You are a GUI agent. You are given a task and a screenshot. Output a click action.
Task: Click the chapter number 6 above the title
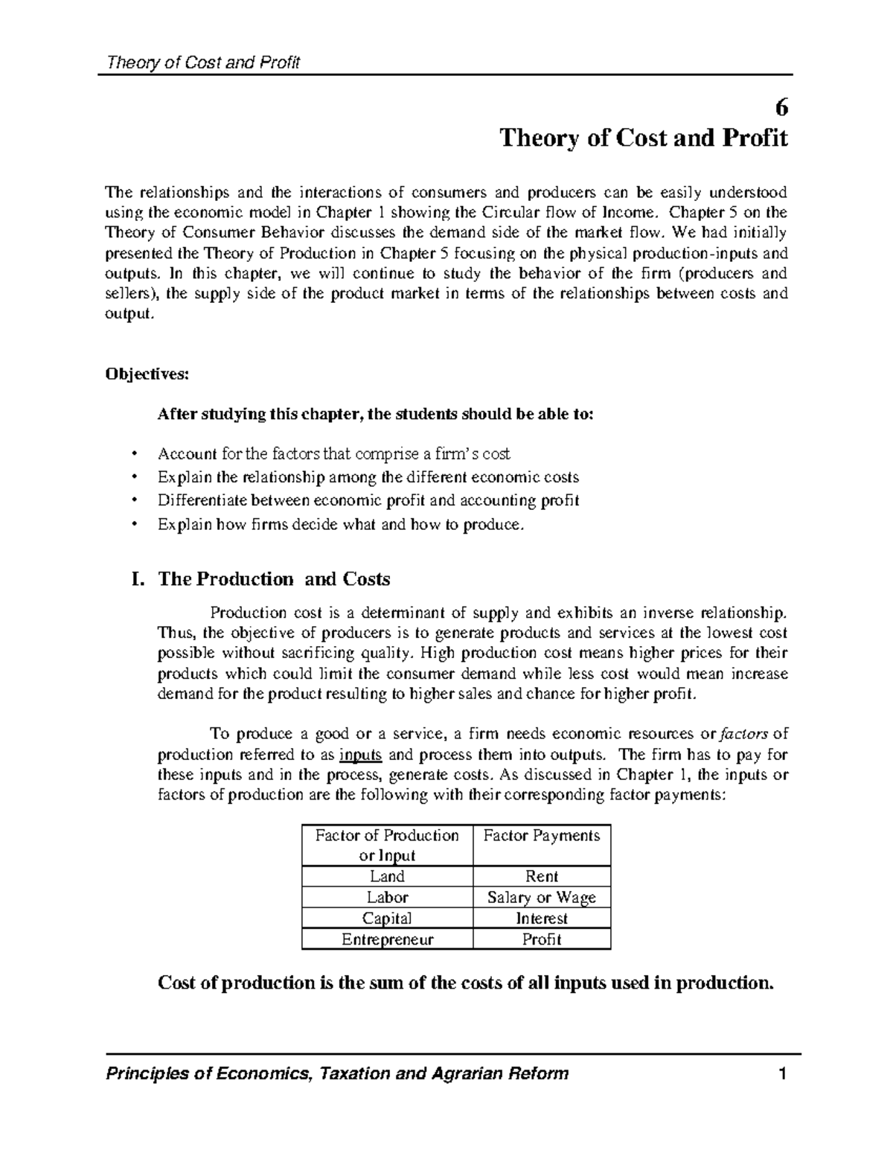(781, 108)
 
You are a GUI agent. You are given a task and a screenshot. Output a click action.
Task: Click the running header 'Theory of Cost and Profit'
(203, 63)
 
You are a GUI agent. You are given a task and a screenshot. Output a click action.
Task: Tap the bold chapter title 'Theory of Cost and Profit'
(643, 138)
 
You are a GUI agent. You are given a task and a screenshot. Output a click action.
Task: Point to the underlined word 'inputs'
(360, 755)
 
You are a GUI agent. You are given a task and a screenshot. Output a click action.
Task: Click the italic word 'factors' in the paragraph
(746, 735)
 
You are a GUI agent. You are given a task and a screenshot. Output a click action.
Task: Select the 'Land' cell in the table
(387, 876)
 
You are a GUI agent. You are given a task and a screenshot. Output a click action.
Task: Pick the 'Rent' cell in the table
(541, 876)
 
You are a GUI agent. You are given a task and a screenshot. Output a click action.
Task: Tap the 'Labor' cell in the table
(387, 897)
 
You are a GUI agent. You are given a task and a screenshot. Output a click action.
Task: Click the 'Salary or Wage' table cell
(541, 897)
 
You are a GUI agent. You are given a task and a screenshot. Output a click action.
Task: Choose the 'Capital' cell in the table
(387, 918)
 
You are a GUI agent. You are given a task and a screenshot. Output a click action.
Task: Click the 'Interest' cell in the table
(541, 918)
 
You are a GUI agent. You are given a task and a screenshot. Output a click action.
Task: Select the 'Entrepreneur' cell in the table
(387, 939)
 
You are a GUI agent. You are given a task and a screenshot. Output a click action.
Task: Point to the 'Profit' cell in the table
(541, 939)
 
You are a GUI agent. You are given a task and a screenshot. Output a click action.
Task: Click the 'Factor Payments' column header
(541, 836)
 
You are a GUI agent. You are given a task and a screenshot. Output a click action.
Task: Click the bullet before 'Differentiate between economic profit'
(134, 500)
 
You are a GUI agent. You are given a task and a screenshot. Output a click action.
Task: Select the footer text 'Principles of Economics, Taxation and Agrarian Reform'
(338, 1073)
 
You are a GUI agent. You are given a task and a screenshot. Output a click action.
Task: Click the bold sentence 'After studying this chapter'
(376, 415)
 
